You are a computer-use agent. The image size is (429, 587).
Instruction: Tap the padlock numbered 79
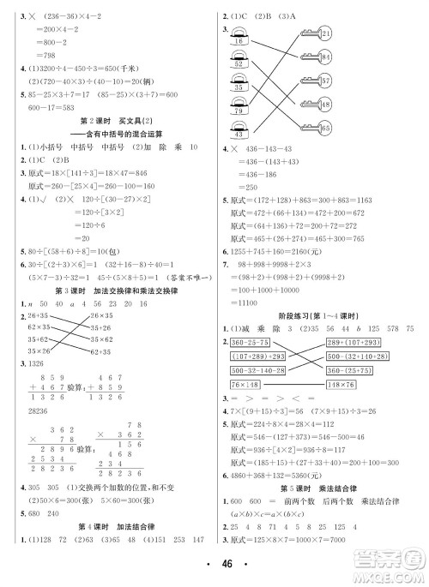(237, 110)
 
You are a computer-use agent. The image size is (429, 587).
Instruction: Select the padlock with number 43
(237, 135)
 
